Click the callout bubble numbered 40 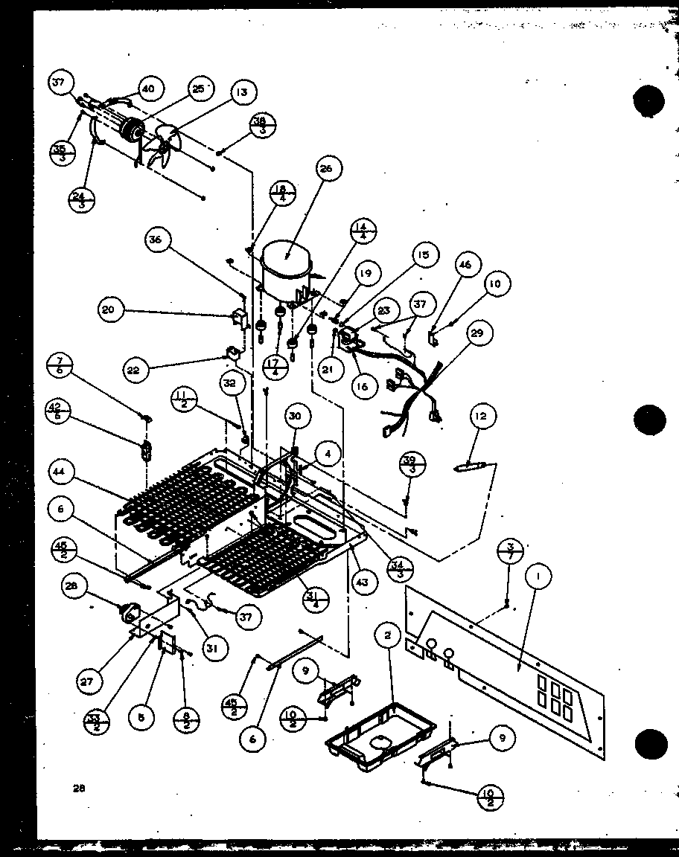click(x=147, y=89)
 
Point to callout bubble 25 click(x=197, y=89)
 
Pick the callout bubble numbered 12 click(x=482, y=417)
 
